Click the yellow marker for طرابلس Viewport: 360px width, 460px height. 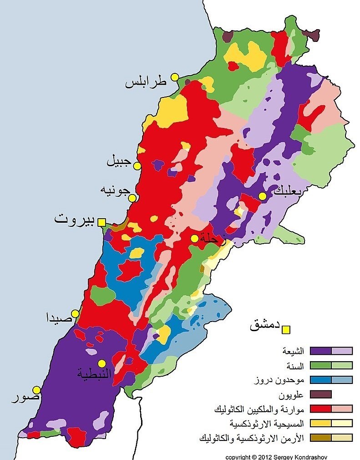click(x=174, y=77)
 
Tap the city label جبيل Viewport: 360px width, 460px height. click(x=119, y=161)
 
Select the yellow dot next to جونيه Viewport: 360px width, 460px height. click(x=132, y=198)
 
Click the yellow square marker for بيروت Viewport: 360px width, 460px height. click(x=102, y=222)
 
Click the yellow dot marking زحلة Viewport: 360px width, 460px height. click(x=194, y=238)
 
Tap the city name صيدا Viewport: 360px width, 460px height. click(x=59, y=317)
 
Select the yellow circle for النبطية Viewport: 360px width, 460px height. click(x=101, y=363)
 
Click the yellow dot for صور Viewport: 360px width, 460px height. click(x=36, y=390)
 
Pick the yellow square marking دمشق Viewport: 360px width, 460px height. click(x=286, y=329)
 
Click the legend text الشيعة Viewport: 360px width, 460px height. click(x=293, y=351)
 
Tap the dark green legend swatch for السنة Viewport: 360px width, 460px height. click(x=320, y=365)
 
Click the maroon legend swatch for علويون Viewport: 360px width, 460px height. click(x=320, y=394)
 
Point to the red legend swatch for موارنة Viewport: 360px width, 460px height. click(x=320, y=409)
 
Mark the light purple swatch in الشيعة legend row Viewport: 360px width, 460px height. click(x=342, y=351)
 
